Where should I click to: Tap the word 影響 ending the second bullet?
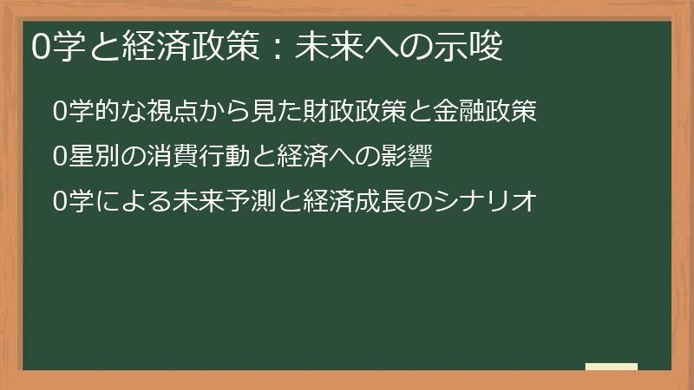[x=408, y=156]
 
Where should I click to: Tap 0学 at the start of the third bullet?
[x=68, y=202]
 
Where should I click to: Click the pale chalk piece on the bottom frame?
[x=612, y=367]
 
